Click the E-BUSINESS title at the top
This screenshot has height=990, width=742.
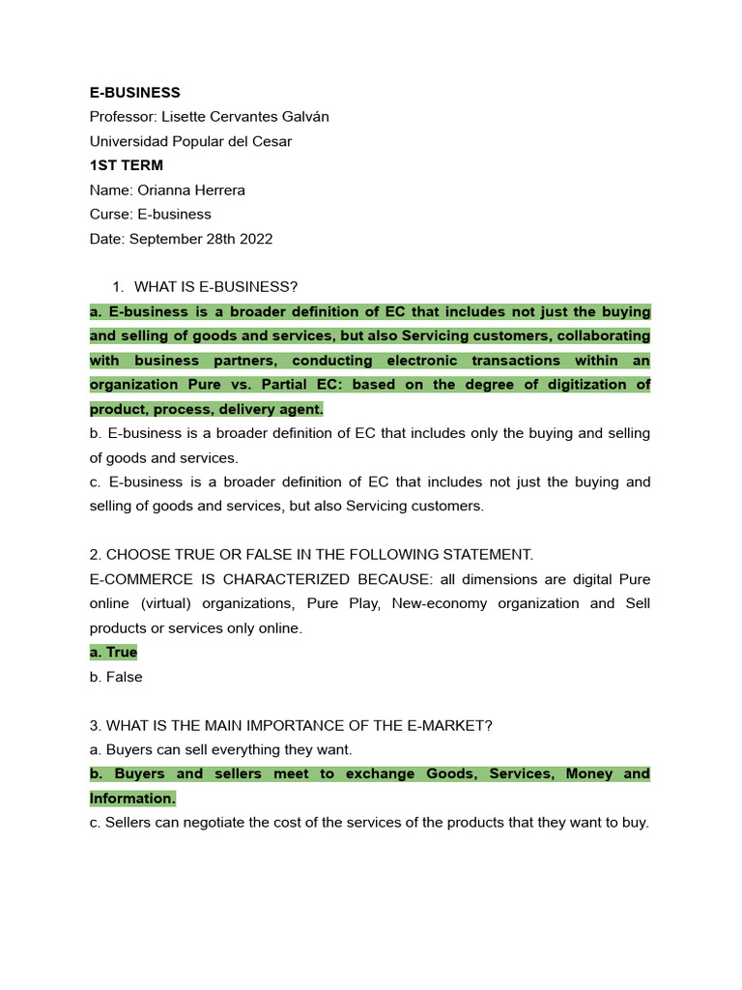point(134,93)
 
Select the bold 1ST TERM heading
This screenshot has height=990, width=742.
point(127,165)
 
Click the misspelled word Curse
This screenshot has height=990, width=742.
point(109,214)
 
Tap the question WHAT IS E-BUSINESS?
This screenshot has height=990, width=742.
point(215,287)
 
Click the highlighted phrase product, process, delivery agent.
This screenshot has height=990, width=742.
point(207,409)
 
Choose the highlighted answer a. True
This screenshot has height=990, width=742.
point(113,653)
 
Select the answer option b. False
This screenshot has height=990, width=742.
point(116,677)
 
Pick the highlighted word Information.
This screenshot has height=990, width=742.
point(132,799)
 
